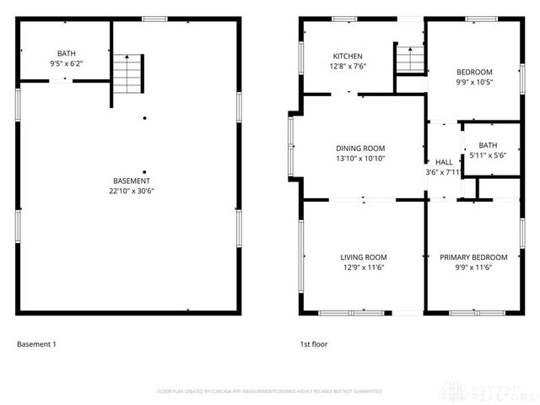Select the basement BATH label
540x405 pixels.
coord(66,53)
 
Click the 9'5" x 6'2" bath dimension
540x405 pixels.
coord(66,63)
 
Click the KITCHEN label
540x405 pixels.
coord(348,57)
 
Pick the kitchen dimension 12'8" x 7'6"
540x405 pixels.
coord(348,67)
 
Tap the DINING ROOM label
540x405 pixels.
coord(360,148)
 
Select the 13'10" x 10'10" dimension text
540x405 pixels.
coord(360,159)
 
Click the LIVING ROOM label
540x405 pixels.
coord(364,257)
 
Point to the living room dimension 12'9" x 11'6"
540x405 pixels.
coord(364,267)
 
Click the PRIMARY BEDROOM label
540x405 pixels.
coord(473,257)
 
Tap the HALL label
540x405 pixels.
coord(443,162)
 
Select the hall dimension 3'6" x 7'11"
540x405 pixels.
coord(443,172)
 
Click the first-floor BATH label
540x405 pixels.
coord(488,145)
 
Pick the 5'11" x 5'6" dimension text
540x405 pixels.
coord(488,155)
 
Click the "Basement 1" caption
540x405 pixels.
coord(36,344)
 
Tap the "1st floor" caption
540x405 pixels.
coord(314,344)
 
